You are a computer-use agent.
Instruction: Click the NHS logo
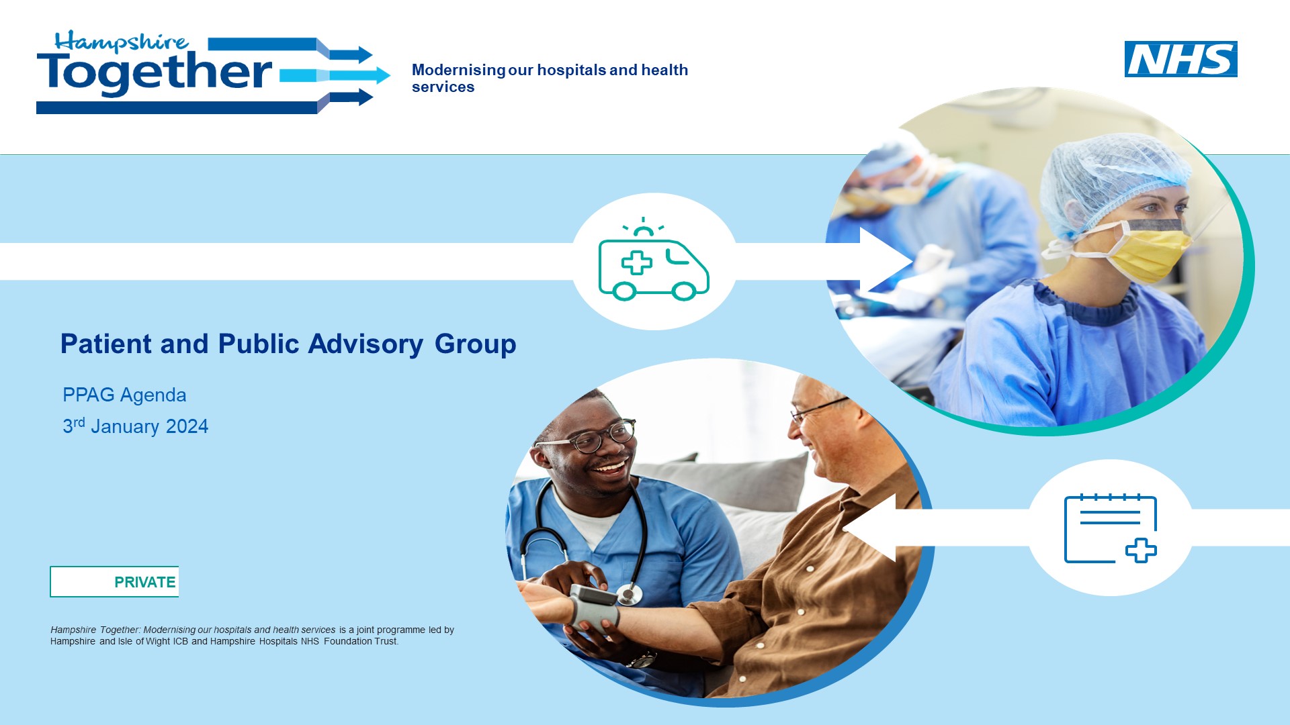tap(1180, 59)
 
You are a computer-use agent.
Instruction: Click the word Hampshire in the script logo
tap(121, 42)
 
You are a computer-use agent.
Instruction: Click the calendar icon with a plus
tap(1111, 528)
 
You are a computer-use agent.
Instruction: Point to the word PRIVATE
tap(145, 582)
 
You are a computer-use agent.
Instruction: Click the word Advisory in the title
tap(365, 344)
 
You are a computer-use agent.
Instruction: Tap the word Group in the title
tap(476, 344)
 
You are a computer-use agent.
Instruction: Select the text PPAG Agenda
tap(124, 395)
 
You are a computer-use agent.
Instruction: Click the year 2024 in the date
tap(187, 426)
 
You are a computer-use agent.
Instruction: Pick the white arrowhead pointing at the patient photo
tap(869, 528)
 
